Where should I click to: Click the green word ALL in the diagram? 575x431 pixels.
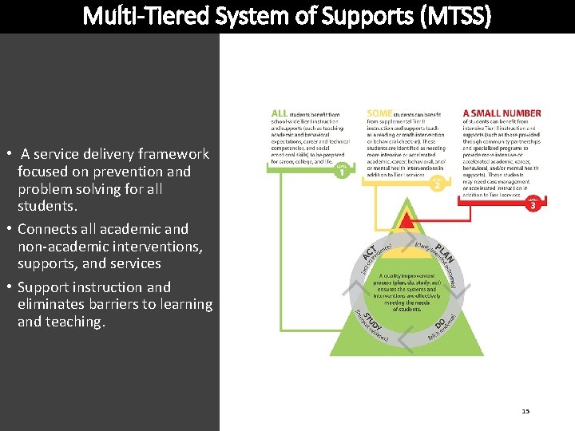coord(279,113)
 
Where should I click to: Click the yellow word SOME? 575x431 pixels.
coord(379,113)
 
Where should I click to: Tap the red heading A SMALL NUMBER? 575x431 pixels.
coord(502,113)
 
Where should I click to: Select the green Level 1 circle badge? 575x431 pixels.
coord(342,170)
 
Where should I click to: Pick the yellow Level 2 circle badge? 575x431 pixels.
coord(437,184)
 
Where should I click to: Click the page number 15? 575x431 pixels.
coord(525,411)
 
